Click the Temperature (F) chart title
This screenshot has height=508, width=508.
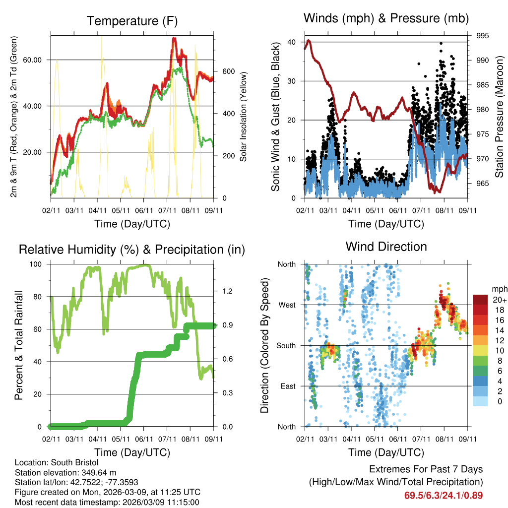pyautogui.click(x=132, y=21)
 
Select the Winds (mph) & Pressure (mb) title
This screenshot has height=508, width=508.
pyautogui.click(x=386, y=18)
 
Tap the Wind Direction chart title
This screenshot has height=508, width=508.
pyautogui.click(x=386, y=246)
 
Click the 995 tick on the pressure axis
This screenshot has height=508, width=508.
pyautogui.click(x=483, y=36)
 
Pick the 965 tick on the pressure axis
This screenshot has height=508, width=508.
pyautogui.click(x=483, y=184)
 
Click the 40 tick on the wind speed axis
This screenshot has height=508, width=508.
pyautogui.click(x=292, y=42)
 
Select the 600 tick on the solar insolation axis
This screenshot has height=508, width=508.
pyautogui.click(x=228, y=71)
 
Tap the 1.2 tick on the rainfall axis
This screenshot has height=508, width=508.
pyautogui.click(x=226, y=291)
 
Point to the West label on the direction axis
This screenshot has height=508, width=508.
pyautogui.click(x=287, y=305)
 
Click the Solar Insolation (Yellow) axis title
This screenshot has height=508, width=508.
pyautogui.click(x=244, y=117)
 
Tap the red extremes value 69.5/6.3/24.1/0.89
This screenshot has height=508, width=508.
pyautogui.click(x=444, y=495)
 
